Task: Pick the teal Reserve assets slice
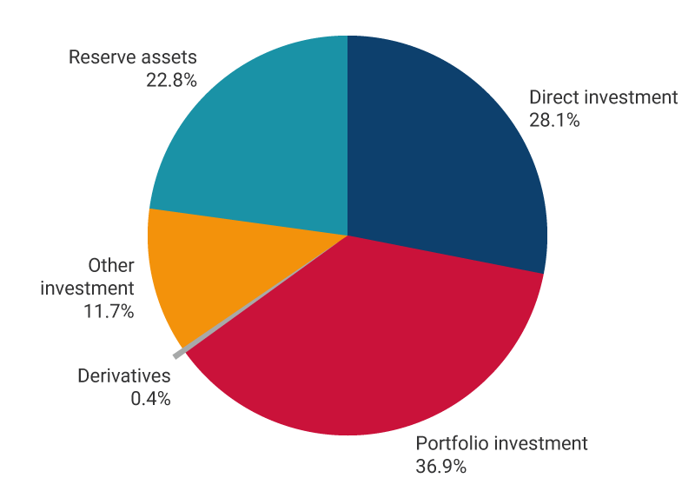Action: pyautogui.click(x=261, y=139)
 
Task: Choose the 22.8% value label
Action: pyautogui.click(x=172, y=81)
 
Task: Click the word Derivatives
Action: pyautogui.click(x=124, y=376)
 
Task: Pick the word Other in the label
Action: pyautogui.click(x=111, y=265)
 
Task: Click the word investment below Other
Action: pyautogui.click(x=88, y=288)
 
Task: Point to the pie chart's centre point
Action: pyautogui.click(x=347, y=236)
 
